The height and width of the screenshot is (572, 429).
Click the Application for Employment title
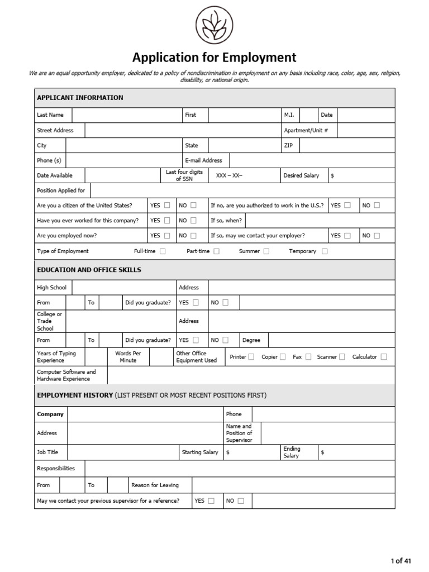[x=214, y=57]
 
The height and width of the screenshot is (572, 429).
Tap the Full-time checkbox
[x=163, y=251]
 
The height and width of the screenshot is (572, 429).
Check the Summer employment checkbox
[x=266, y=251]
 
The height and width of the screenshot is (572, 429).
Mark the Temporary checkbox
[x=325, y=251]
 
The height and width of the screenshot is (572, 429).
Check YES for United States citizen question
[x=167, y=206]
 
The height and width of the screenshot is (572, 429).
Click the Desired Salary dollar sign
[x=333, y=175]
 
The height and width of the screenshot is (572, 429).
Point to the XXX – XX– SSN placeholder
[x=229, y=175]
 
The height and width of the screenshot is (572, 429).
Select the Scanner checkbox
[x=342, y=357]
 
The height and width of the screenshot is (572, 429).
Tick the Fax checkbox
[x=308, y=357]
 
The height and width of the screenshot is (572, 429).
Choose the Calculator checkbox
[x=384, y=357]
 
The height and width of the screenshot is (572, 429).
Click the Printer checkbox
[x=251, y=357]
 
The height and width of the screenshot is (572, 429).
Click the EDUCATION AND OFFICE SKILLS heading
[x=89, y=270]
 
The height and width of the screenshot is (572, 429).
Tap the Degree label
[x=251, y=340]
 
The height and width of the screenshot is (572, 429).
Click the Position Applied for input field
[x=242, y=190]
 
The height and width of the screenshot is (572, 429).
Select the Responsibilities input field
[x=239, y=469]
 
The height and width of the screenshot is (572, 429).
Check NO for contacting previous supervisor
[x=241, y=501]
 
